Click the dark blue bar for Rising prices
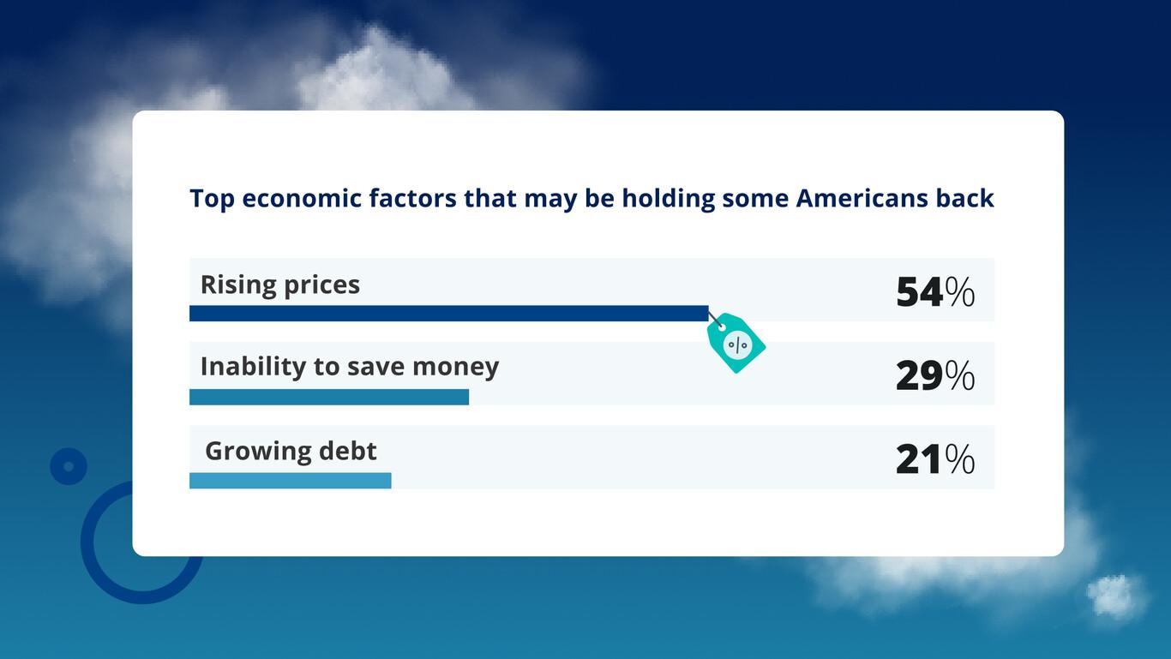pos(448,314)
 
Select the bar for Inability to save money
pos(329,397)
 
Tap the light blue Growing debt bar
pos(290,481)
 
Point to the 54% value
pos(934,292)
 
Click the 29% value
pos(934,376)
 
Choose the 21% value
pos(934,460)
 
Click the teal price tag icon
pos(736,344)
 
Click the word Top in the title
pos(212,198)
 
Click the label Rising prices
pos(280,285)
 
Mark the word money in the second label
pos(455,367)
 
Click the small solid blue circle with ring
pos(69,466)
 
